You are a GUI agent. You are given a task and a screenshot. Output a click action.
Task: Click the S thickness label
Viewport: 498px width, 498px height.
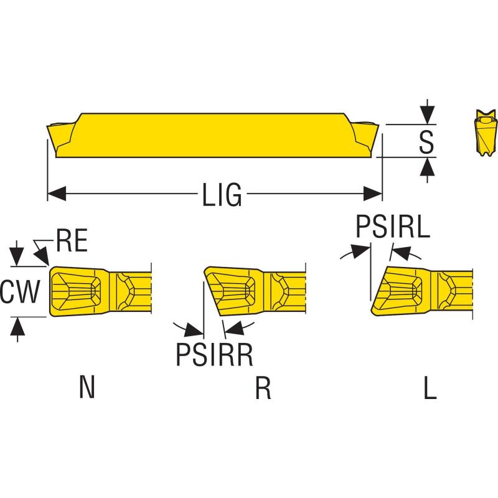click(x=426, y=142)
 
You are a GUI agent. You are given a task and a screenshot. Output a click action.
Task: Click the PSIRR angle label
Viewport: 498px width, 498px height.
click(x=214, y=355)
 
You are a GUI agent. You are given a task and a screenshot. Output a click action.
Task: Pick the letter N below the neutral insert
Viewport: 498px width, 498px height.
click(x=88, y=388)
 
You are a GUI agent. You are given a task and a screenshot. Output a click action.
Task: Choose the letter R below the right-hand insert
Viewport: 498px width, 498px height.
click(x=263, y=388)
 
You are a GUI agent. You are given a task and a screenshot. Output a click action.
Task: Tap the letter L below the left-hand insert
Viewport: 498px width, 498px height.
click(x=430, y=388)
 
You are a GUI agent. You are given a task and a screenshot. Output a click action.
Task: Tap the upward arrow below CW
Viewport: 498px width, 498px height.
click(x=17, y=326)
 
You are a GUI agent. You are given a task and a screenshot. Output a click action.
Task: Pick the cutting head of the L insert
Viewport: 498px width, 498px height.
click(x=398, y=290)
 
